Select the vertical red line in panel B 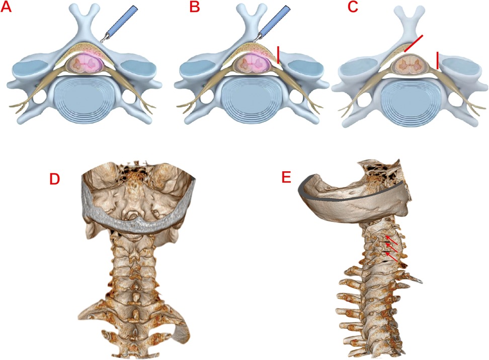click(278, 54)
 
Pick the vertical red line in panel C click(438, 60)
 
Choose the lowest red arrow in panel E click(393, 255)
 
